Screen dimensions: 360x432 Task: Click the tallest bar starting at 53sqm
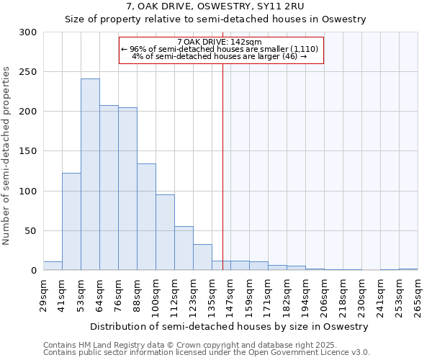coord(90,175)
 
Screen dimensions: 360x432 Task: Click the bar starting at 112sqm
coord(184,248)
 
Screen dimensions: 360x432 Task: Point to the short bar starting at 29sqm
coord(53,266)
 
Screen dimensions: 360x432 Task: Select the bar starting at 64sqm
coord(109,188)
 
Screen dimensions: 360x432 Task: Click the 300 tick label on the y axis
coord(28,32)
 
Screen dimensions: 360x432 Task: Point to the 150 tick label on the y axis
coord(28,152)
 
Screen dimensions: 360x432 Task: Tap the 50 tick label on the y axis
coord(31,231)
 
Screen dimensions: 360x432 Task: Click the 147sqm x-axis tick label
coord(231,294)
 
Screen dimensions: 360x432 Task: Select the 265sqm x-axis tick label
coord(418,294)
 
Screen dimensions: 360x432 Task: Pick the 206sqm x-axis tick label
coord(325,294)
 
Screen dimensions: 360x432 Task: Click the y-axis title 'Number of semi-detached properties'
coord(6,156)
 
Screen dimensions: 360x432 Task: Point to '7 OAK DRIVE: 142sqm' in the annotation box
coord(221,42)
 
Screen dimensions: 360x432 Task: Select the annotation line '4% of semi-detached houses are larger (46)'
coord(221,56)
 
